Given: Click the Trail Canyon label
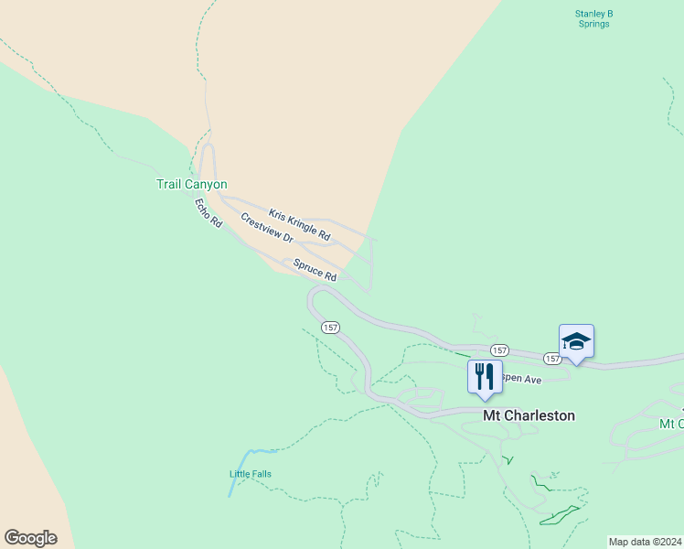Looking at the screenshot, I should (191, 184).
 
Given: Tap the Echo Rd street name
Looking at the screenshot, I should (208, 213).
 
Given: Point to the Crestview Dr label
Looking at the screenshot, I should (266, 228).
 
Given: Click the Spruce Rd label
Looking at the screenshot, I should (315, 270).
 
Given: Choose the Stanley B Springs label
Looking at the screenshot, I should (593, 18).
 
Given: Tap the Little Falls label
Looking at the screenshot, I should (250, 474).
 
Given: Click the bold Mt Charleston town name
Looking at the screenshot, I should (529, 415).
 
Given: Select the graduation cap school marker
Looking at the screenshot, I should (576, 341).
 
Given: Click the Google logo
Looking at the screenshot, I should (30, 538).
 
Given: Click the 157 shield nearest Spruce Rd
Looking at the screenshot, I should (330, 327).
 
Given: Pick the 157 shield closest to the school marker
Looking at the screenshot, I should (552, 359).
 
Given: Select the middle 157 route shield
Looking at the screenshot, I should (499, 350).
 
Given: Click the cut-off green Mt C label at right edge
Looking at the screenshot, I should (671, 424).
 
